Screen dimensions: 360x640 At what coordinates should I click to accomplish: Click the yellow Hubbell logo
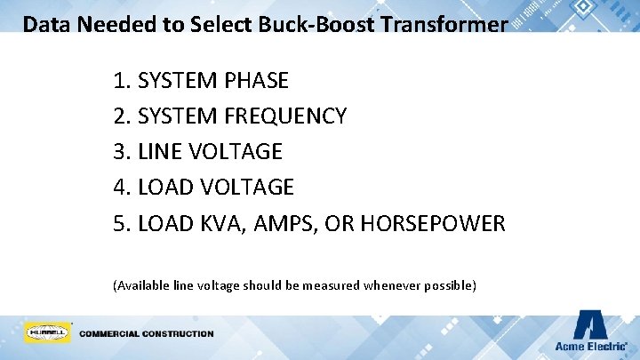tap(46, 332)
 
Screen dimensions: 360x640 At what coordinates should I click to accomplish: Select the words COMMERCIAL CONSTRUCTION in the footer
tap(147, 334)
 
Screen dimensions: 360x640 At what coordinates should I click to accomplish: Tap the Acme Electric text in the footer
tap(590, 346)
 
